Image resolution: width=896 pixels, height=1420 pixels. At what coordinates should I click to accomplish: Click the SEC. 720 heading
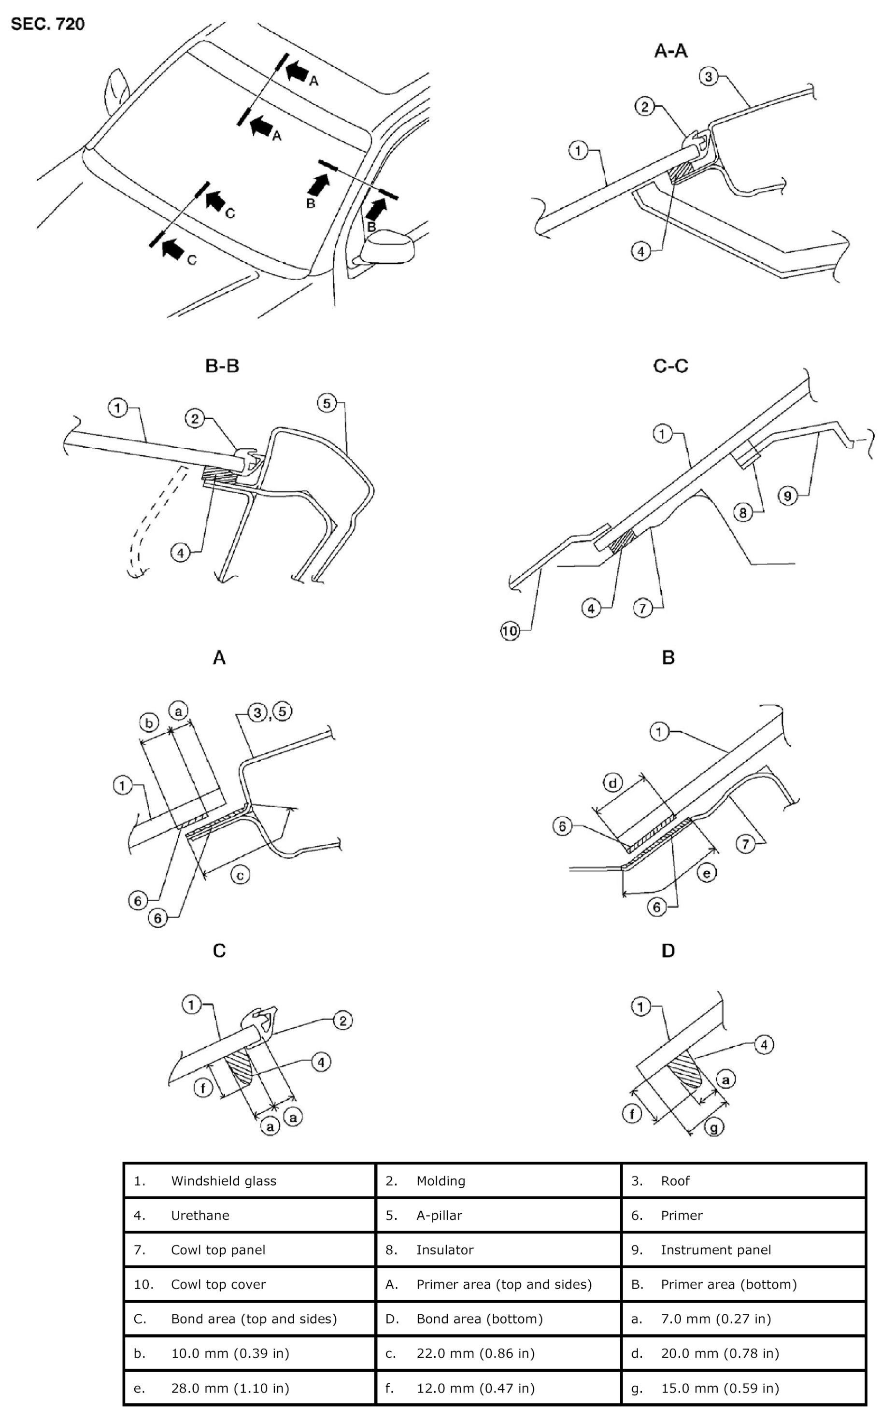pos(48,24)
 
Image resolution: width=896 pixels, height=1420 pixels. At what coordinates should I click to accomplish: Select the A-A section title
pos(671,51)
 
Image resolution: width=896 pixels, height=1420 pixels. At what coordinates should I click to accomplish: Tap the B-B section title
pos(222,366)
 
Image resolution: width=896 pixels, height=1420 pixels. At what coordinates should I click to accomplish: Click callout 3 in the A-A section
pos(709,76)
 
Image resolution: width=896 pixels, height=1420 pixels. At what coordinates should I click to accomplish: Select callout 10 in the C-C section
pos(510,631)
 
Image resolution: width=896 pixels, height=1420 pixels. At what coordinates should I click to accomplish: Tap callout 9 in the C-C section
pos(787,496)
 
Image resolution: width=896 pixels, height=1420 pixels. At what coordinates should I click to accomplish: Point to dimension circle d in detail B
pos(613,782)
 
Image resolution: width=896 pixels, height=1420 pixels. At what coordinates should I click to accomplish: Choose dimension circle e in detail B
pos(707,872)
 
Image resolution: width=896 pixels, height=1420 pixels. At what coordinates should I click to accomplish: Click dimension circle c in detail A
pos(240,876)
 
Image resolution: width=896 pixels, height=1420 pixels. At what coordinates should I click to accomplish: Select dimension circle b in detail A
pos(149,723)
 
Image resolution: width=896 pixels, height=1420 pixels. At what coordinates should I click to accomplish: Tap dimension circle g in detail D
pos(714,1127)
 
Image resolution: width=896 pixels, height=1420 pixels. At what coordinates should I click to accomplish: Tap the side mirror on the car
pos(386,248)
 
